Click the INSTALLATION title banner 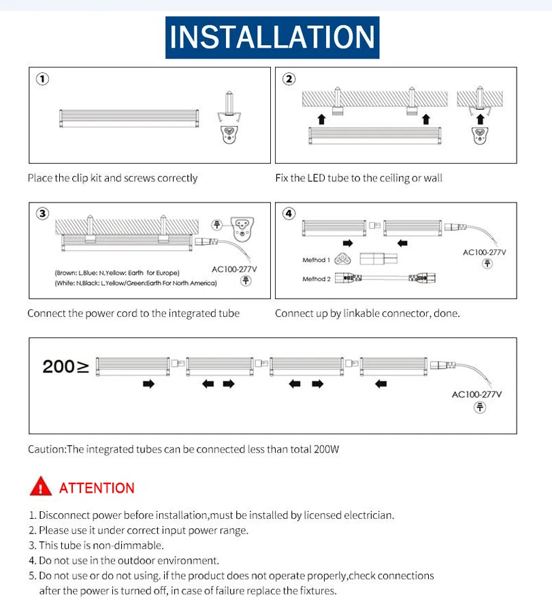(x=272, y=37)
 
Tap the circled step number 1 (x=42, y=79)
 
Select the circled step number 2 (x=289, y=79)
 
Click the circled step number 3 (x=42, y=214)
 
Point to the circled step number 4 (x=289, y=214)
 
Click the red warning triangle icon (x=41, y=486)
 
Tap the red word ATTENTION (x=97, y=488)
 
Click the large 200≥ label (x=65, y=366)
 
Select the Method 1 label (x=316, y=260)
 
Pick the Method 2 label (x=316, y=279)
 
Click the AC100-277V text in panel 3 (x=234, y=269)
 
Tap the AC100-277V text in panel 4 (x=485, y=252)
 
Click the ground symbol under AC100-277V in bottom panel (x=480, y=408)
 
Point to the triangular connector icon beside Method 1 (x=342, y=259)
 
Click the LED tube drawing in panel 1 (x=129, y=119)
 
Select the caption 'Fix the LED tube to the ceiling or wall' (x=359, y=178)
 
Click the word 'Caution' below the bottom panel (x=46, y=449)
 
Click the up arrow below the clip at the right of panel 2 (x=481, y=119)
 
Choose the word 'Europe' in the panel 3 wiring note (x=167, y=273)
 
